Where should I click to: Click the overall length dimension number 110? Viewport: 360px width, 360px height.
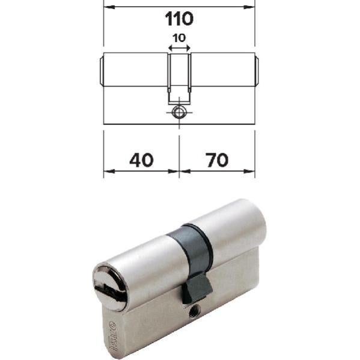point(179,19)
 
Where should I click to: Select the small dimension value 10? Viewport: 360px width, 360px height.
point(178,38)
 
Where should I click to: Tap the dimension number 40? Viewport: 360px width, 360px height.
point(141,160)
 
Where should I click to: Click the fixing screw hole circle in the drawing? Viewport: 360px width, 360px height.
point(178,112)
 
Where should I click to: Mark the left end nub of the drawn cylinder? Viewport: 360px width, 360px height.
point(100,71)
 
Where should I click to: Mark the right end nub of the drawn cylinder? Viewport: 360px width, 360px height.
point(257,71)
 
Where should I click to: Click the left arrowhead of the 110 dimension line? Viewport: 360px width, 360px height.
point(107,7)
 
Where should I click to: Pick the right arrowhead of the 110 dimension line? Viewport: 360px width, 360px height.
point(251,7)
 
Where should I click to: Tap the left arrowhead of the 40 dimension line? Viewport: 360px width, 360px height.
point(107,171)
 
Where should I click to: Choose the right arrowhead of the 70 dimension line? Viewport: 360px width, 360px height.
point(251,171)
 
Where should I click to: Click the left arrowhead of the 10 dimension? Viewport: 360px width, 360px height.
point(169,48)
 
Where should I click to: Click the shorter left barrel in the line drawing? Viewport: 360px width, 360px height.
point(135,71)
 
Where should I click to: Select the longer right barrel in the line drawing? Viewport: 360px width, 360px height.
point(222,71)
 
